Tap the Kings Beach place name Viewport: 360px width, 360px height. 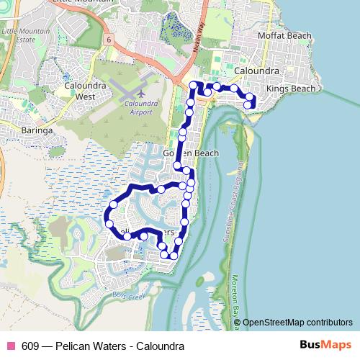click(x=291, y=88)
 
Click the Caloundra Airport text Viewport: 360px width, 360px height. click(x=141, y=108)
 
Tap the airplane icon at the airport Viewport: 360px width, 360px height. click(x=141, y=93)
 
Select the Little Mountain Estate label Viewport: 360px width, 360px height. click(x=22, y=36)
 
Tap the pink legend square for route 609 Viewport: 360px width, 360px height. click(x=10, y=346)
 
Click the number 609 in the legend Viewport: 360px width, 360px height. click(x=30, y=346)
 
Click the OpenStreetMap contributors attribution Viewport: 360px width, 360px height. click(x=297, y=322)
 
